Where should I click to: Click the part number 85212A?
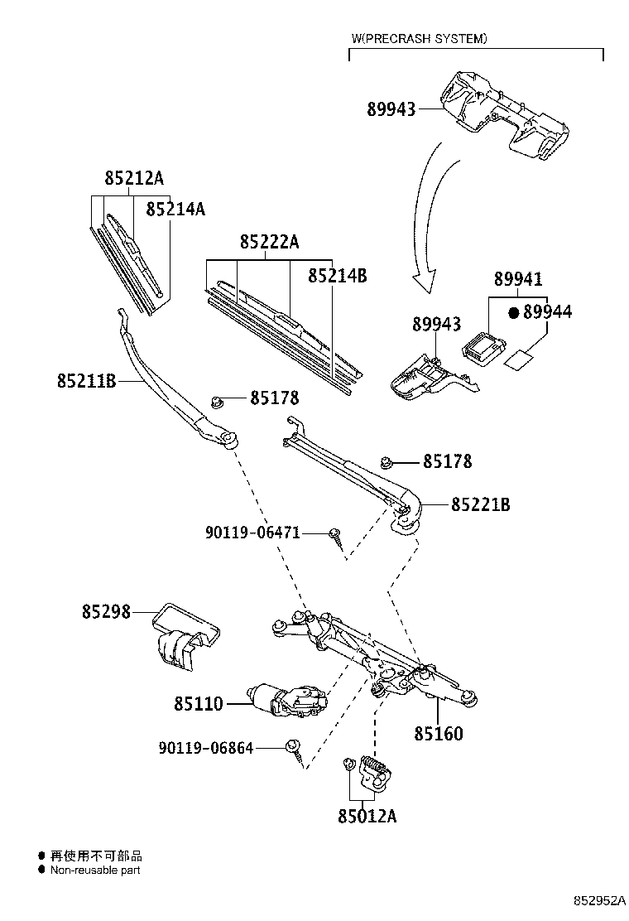click(x=134, y=177)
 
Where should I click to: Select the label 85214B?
click(x=338, y=275)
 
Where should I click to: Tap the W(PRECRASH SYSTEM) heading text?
click(x=419, y=39)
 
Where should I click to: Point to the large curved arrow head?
click(x=424, y=281)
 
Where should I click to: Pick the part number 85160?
click(x=439, y=733)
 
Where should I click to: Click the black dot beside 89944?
click(x=514, y=312)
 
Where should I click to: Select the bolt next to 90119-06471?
click(x=336, y=537)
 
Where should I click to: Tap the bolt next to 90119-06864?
click(x=295, y=752)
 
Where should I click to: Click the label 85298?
click(x=106, y=611)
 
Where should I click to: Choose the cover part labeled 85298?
click(x=185, y=637)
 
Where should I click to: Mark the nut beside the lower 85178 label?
click(x=386, y=463)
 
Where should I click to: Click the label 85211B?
click(x=86, y=381)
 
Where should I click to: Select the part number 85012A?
click(x=367, y=816)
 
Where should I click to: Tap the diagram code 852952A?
click(x=599, y=900)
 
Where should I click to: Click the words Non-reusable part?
click(x=95, y=870)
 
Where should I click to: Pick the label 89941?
click(x=518, y=278)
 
